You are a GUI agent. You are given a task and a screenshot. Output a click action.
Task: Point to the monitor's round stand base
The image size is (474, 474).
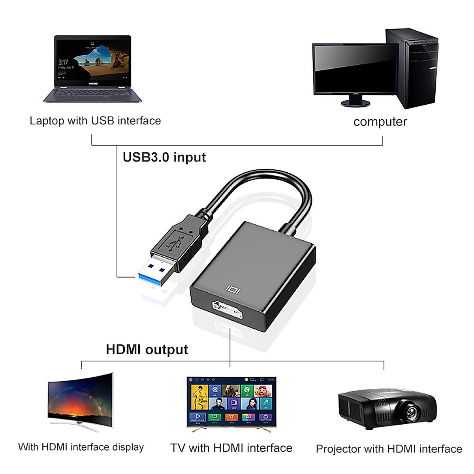tap(355, 103)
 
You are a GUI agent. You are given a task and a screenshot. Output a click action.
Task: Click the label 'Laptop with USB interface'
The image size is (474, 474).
tap(95, 121)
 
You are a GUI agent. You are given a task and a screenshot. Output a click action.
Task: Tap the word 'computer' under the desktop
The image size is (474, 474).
tap(380, 122)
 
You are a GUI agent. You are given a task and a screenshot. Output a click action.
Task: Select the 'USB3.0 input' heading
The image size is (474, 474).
tap(164, 157)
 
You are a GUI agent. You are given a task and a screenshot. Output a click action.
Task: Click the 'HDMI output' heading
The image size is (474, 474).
tap(147, 350)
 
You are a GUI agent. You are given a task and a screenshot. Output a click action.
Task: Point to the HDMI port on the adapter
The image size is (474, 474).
tap(227, 309)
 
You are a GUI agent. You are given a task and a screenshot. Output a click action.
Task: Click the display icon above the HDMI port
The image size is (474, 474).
tap(233, 290)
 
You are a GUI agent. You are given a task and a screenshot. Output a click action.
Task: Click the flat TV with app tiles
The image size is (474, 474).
tap(231, 401)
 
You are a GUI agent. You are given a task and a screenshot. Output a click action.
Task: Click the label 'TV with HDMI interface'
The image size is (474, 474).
tap(231, 448)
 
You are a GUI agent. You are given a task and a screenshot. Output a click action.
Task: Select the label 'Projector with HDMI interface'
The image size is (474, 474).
tap(389, 449)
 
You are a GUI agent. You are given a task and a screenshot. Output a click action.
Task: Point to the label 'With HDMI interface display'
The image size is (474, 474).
tap(81, 447)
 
